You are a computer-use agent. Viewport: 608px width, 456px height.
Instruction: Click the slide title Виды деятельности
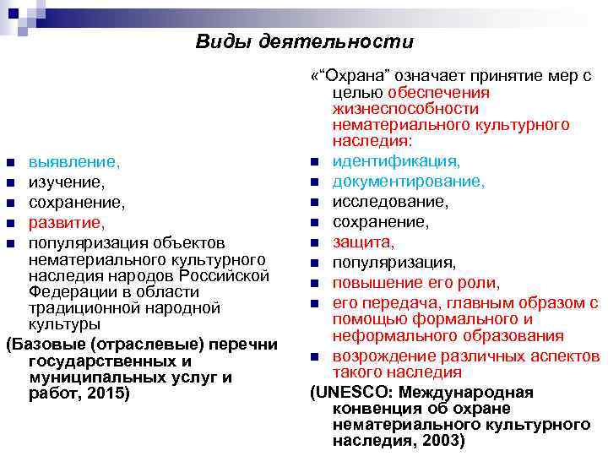point(305,41)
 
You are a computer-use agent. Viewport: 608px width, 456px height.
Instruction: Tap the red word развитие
point(67,223)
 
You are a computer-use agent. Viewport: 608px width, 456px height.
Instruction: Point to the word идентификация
point(396,160)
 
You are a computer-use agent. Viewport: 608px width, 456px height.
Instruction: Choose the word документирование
point(408,182)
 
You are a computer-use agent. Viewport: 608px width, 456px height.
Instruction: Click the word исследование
point(388,202)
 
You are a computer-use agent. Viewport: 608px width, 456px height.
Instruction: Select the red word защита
point(363,242)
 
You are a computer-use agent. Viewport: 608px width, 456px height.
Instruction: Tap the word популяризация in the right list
point(394,263)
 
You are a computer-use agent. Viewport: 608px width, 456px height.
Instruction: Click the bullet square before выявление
point(10,161)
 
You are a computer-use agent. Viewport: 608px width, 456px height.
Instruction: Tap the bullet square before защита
point(313,243)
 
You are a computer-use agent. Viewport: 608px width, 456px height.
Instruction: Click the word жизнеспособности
point(405,109)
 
